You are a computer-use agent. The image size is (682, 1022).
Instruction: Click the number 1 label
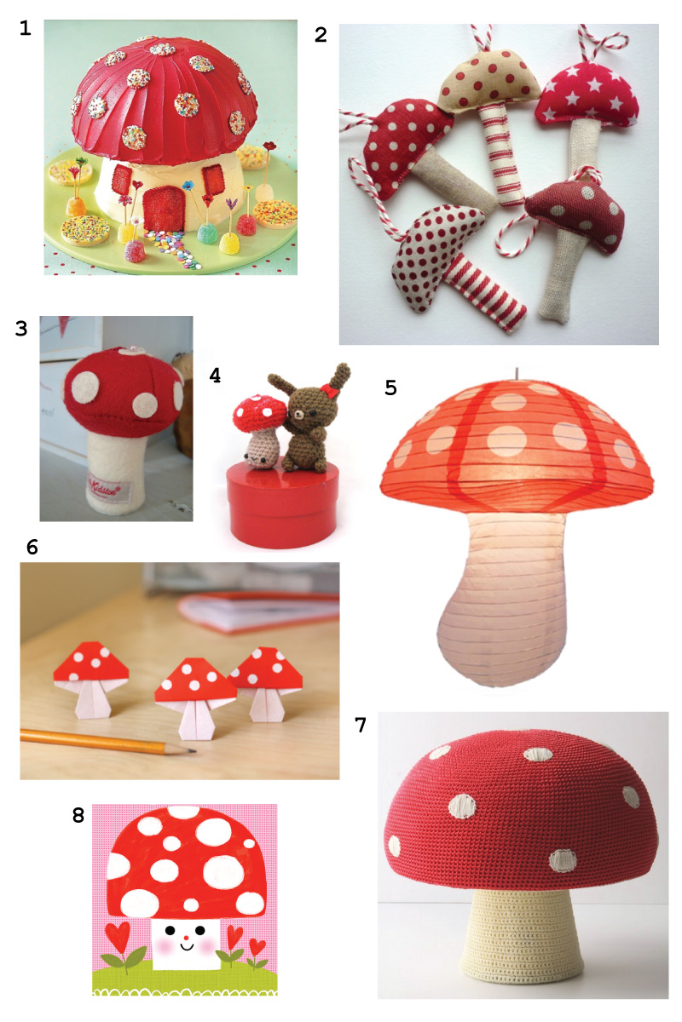click(x=25, y=28)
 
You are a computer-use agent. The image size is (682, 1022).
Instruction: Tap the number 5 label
click(x=390, y=388)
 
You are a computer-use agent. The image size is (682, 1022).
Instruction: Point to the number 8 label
click(x=78, y=815)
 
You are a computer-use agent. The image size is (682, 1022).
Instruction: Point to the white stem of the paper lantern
click(x=494, y=596)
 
